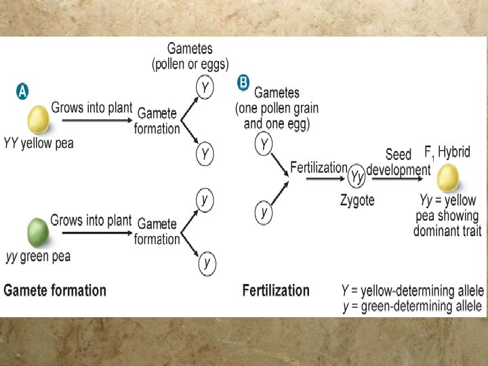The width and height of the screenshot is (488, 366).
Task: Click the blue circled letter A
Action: (x=22, y=92)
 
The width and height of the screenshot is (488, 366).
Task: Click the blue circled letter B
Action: (x=243, y=83)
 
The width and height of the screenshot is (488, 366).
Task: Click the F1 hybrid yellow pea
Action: (x=447, y=179)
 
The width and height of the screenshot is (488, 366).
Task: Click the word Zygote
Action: (x=357, y=201)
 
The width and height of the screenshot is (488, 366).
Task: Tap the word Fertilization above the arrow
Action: (x=319, y=167)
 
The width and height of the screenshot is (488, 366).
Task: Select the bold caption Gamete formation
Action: (x=55, y=291)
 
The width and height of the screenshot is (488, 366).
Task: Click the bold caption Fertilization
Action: (x=276, y=291)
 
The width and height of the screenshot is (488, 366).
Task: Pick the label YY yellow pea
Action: (x=38, y=143)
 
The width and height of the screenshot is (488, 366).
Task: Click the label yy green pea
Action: (x=38, y=257)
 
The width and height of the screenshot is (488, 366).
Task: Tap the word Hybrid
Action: (x=453, y=152)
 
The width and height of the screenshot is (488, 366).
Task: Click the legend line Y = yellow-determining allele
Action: (x=413, y=291)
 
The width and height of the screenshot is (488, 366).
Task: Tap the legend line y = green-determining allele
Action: (x=413, y=306)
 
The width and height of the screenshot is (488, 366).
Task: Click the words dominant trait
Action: (x=447, y=231)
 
